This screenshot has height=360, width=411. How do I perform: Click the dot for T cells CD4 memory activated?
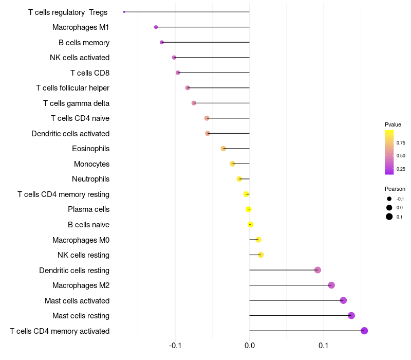364,331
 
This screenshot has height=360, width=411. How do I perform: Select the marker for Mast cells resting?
351,316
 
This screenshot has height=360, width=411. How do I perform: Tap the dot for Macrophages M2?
331,285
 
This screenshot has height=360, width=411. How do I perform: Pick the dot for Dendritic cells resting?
317,270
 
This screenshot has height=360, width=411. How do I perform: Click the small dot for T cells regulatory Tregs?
124,12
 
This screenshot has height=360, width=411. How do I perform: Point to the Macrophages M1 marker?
156,27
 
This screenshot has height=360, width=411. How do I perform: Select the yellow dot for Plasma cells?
249,209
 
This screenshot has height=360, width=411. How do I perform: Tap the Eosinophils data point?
223,149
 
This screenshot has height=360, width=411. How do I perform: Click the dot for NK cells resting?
260,255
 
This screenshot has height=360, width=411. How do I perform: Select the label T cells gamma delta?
76,103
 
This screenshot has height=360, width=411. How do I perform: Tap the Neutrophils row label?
90,179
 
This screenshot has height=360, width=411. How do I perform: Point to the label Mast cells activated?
77,300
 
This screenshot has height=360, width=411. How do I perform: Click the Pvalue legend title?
393,124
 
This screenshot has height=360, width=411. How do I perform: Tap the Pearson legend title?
395,189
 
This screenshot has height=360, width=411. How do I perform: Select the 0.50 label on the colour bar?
401,155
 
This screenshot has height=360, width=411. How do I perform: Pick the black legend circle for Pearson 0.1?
389,217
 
